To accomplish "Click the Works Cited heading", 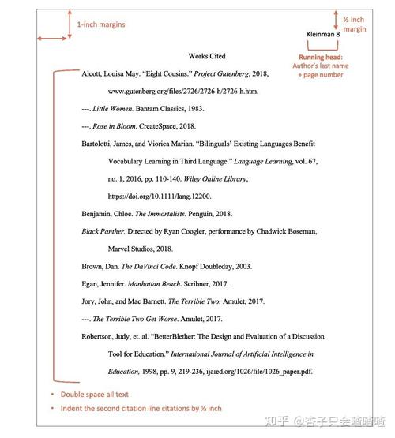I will pos(208,56).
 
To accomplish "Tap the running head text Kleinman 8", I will pos(322,35).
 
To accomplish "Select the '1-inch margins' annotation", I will pos(100,24).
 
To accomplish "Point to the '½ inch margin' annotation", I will pos(355,23).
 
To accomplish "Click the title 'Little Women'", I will pos(111,109).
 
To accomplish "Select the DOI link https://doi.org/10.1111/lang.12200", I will pos(160,196).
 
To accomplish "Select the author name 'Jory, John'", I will pos(99,301).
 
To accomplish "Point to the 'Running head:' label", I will pos(321,57).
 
